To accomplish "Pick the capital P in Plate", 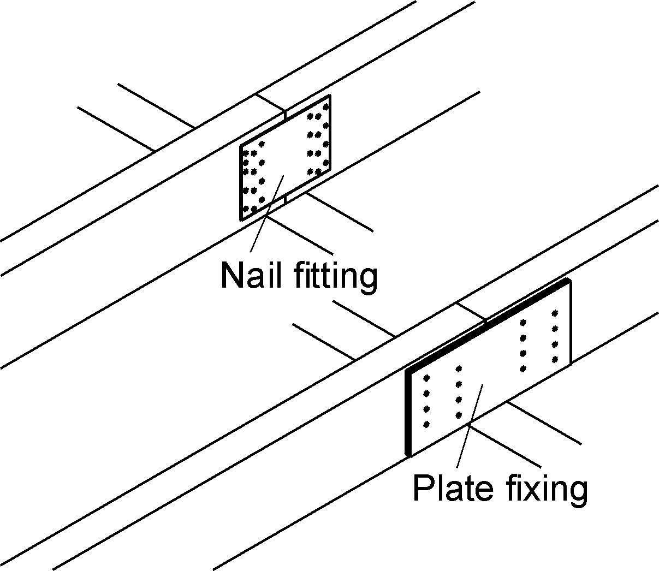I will [421, 487].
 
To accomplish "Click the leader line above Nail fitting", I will [268, 213].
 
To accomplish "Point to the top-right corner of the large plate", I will [569, 281].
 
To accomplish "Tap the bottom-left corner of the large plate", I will [408, 454].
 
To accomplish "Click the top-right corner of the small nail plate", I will [330, 97].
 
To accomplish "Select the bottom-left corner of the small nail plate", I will [241, 219].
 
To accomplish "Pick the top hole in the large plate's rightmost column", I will [555, 313].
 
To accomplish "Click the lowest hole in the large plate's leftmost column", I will [426, 424].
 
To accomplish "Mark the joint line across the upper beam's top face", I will [270, 103].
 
